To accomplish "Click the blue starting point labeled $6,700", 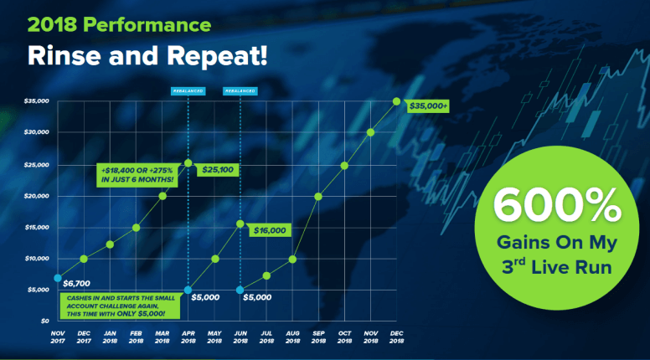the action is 58,278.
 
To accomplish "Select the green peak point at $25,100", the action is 188,163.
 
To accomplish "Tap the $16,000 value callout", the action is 270,230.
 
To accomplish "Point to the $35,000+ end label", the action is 428,106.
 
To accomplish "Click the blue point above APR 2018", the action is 188,290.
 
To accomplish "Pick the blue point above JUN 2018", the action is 240,290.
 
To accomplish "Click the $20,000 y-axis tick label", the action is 37,196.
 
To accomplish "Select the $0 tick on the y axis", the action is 44,321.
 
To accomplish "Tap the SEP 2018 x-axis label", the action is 318,337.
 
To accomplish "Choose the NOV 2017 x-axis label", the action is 58,337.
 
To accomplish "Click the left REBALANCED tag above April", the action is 188,91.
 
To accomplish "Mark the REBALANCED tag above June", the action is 240,91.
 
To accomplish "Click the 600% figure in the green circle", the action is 557,205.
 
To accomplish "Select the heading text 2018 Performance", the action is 120,24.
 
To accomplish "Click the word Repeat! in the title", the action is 217,55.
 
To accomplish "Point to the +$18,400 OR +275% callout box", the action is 137,175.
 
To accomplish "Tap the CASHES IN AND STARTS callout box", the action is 121,306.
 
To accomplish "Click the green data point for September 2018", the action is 318,197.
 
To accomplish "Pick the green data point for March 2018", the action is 162,196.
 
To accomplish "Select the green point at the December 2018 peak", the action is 397,101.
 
